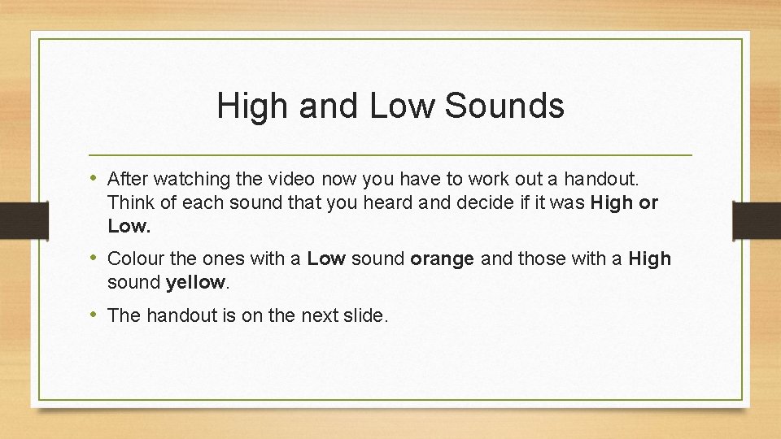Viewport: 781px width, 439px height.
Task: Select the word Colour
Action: pos(134,259)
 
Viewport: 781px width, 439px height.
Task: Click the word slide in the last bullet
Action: pos(366,315)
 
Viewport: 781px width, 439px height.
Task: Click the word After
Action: pos(129,177)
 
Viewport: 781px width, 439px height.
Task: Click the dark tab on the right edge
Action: pos(757,219)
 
